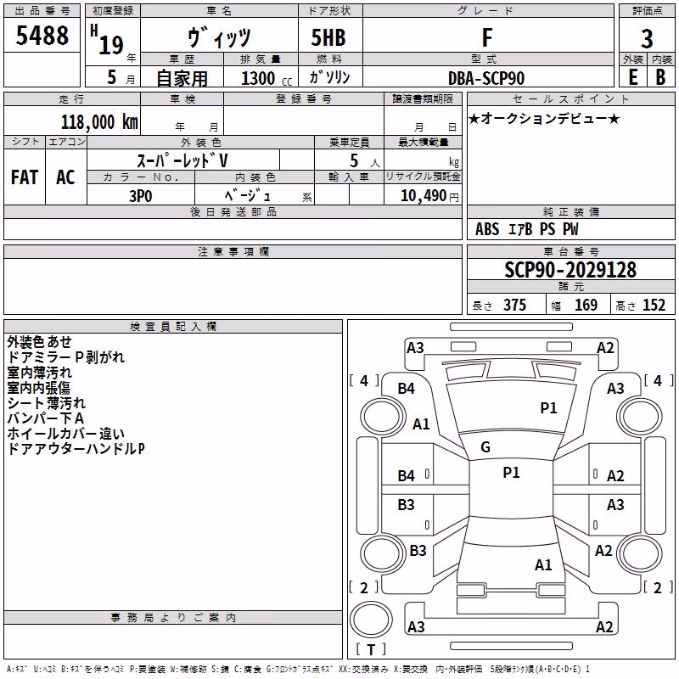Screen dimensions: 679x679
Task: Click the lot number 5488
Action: tap(42, 36)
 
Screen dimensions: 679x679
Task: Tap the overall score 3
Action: tap(647, 38)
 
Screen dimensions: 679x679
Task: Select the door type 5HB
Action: tap(328, 37)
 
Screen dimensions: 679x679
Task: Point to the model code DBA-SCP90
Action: tap(486, 78)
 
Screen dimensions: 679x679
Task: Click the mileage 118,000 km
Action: tap(99, 121)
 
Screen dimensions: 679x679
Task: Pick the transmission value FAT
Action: tap(25, 177)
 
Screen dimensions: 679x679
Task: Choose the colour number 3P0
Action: tap(141, 196)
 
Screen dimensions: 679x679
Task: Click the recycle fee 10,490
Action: tap(424, 196)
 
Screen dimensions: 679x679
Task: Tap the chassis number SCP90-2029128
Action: tap(570, 270)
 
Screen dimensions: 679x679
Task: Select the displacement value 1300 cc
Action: tap(267, 78)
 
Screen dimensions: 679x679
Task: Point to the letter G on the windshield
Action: tap(485, 447)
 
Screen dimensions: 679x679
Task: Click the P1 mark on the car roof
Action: tap(511, 473)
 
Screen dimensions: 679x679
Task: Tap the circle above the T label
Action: tap(371, 620)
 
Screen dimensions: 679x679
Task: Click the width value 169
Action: tap(586, 305)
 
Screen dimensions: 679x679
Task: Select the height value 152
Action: tap(654, 305)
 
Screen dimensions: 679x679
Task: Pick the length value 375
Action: tap(514, 305)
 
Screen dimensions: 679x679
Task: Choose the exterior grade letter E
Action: tap(633, 77)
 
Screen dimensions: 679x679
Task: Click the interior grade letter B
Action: tap(660, 77)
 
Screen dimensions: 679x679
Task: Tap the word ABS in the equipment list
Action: tap(487, 229)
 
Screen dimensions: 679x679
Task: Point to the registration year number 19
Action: tap(111, 45)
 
